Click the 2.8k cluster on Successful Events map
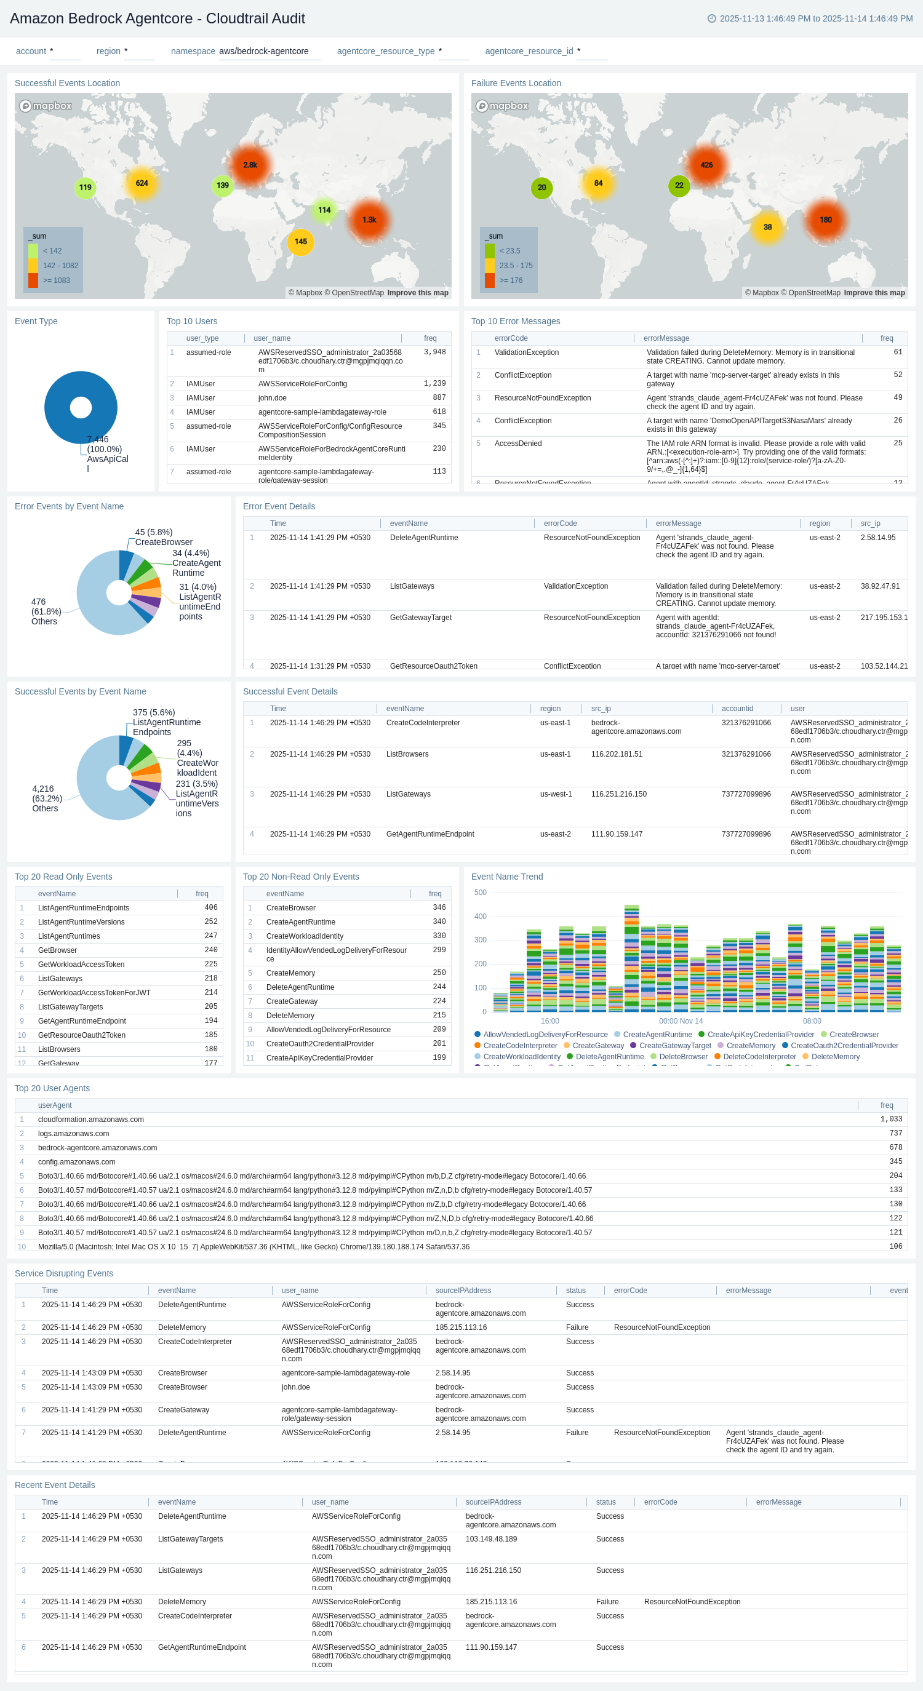(x=249, y=165)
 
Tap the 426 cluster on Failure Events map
(x=706, y=165)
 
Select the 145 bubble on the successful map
(x=301, y=242)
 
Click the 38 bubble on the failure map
(x=767, y=227)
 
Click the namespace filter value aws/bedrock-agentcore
(x=264, y=51)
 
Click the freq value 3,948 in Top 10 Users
(x=434, y=352)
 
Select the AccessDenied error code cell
(x=518, y=444)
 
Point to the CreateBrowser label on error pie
(x=164, y=542)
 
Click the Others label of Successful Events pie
(x=46, y=808)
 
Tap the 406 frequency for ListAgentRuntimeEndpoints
(x=210, y=908)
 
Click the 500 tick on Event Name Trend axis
(x=480, y=893)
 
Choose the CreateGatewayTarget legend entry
(x=674, y=1046)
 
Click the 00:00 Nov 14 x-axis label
(x=681, y=1021)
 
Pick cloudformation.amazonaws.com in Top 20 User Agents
(x=90, y=1120)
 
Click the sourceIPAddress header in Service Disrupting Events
(x=463, y=1291)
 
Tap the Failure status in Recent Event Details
(x=607, y=1602)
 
